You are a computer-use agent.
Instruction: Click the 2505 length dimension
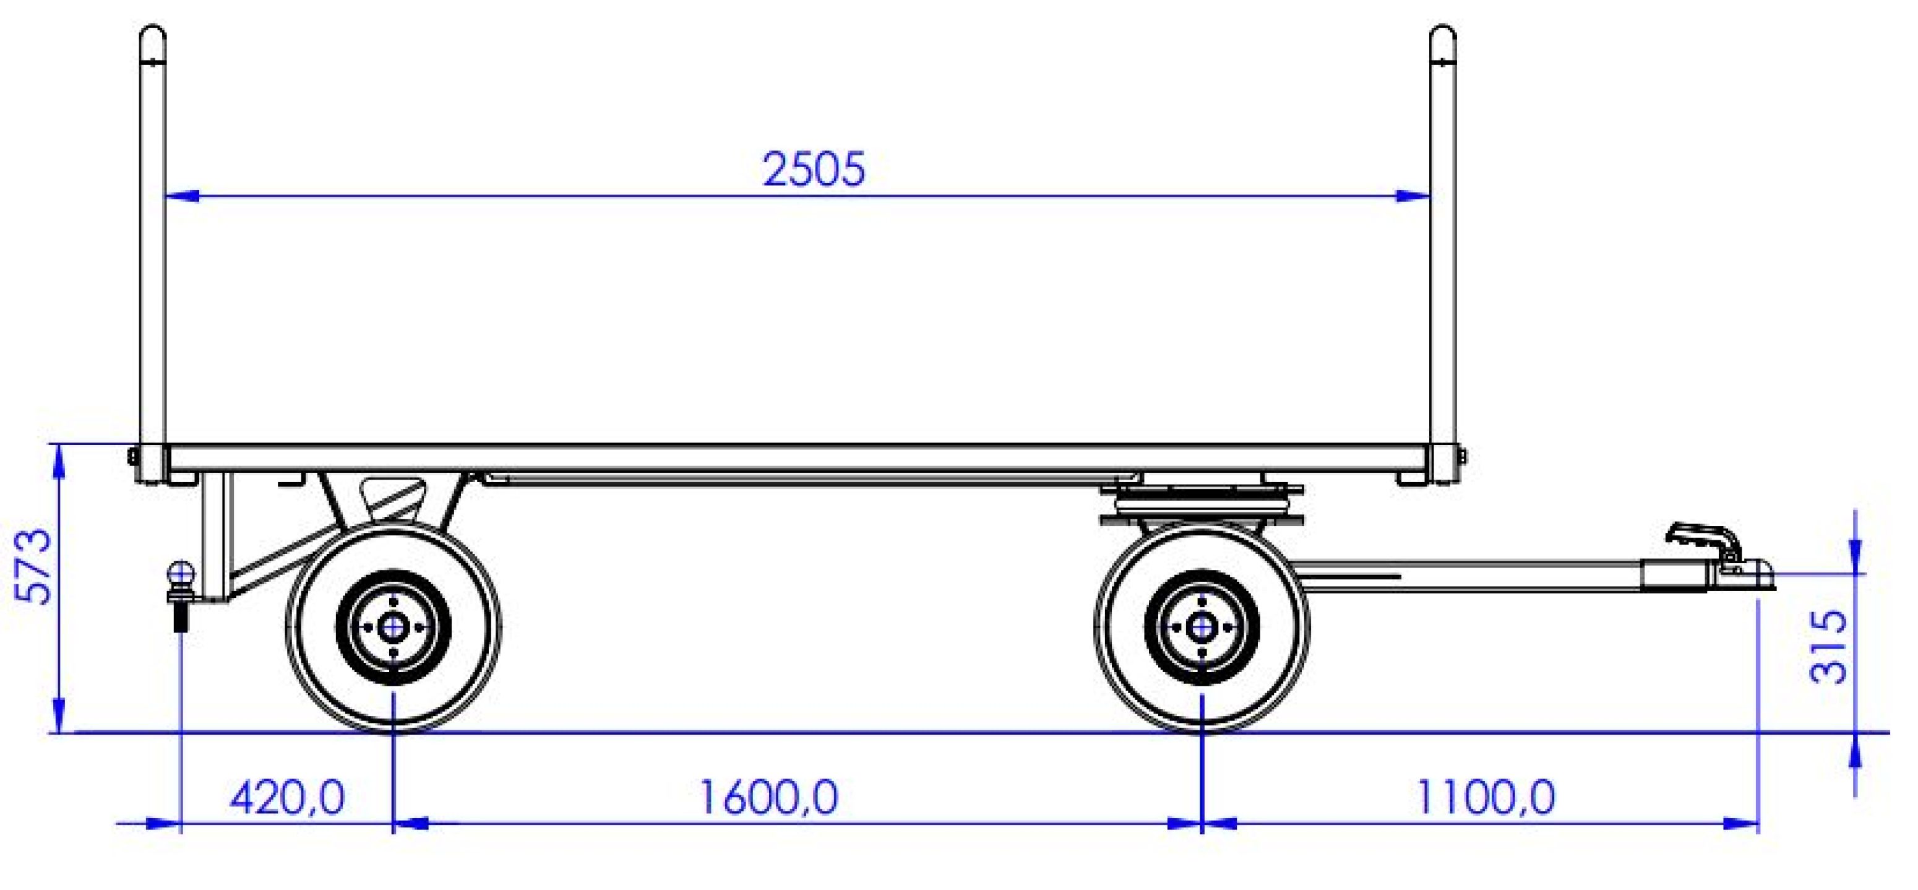coord(815,169)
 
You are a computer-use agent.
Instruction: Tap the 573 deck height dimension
coord(34,567)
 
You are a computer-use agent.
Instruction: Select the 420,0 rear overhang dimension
coord(286,798)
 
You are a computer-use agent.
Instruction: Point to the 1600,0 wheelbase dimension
coord(768,797)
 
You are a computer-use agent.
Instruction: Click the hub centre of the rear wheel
coord(392,628)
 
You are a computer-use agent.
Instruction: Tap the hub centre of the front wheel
coord(1201,627)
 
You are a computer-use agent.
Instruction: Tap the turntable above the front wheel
coord(1201,506)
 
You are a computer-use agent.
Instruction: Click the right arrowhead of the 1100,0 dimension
coord(1742,823)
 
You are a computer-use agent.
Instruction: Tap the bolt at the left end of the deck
coord(132,455)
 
